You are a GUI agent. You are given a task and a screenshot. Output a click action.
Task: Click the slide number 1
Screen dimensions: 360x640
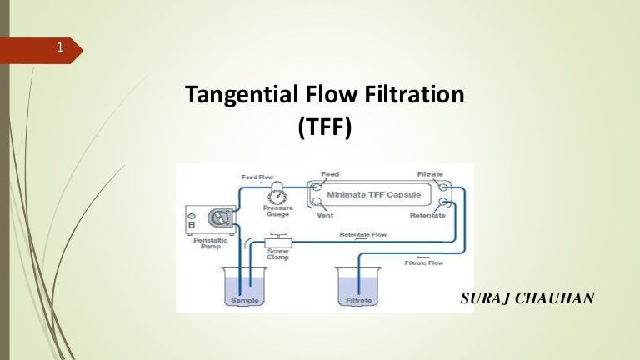pos(60,48)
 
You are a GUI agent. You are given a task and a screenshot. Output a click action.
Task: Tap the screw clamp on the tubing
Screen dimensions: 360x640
pos(277,242)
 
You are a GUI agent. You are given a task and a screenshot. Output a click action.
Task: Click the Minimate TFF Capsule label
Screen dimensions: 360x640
pos(372,194)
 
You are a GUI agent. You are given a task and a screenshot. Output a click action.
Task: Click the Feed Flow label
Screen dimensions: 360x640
pos(257,177)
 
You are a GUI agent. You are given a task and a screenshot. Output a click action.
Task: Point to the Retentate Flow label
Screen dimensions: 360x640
pos(362,234)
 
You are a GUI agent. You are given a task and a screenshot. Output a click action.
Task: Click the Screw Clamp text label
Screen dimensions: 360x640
pos(277,254)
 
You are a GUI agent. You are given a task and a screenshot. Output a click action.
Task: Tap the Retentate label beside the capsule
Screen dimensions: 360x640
pos(428,215)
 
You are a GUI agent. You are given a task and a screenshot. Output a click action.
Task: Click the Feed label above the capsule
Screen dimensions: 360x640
pos(330,173)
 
